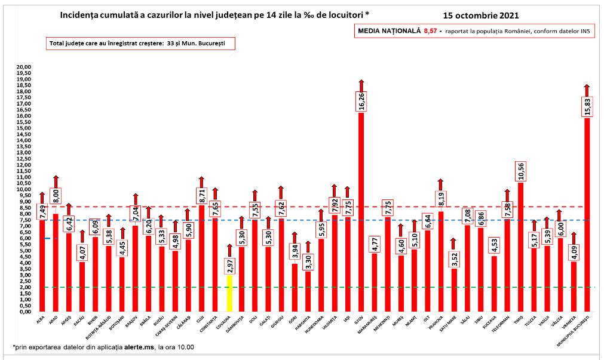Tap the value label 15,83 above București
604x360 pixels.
tap(587, 107)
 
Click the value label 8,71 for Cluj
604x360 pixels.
tap(201, 195)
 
